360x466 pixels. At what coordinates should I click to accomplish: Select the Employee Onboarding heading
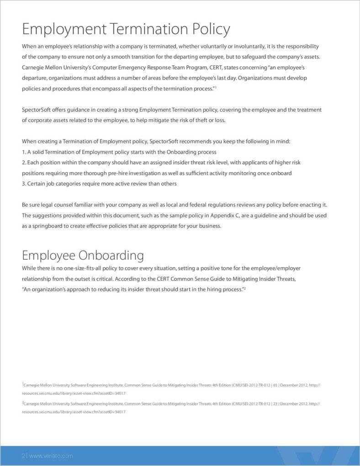83,255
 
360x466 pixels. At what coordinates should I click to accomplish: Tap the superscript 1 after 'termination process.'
215,87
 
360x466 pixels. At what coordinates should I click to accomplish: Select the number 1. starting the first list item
24,152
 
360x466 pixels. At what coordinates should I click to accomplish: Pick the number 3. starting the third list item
24,184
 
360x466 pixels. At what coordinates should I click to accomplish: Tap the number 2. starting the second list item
24,162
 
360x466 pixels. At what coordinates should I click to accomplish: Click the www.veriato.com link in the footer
51,456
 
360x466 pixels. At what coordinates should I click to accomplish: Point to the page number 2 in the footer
24,456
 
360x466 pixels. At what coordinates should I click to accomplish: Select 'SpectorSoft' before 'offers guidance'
37,110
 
